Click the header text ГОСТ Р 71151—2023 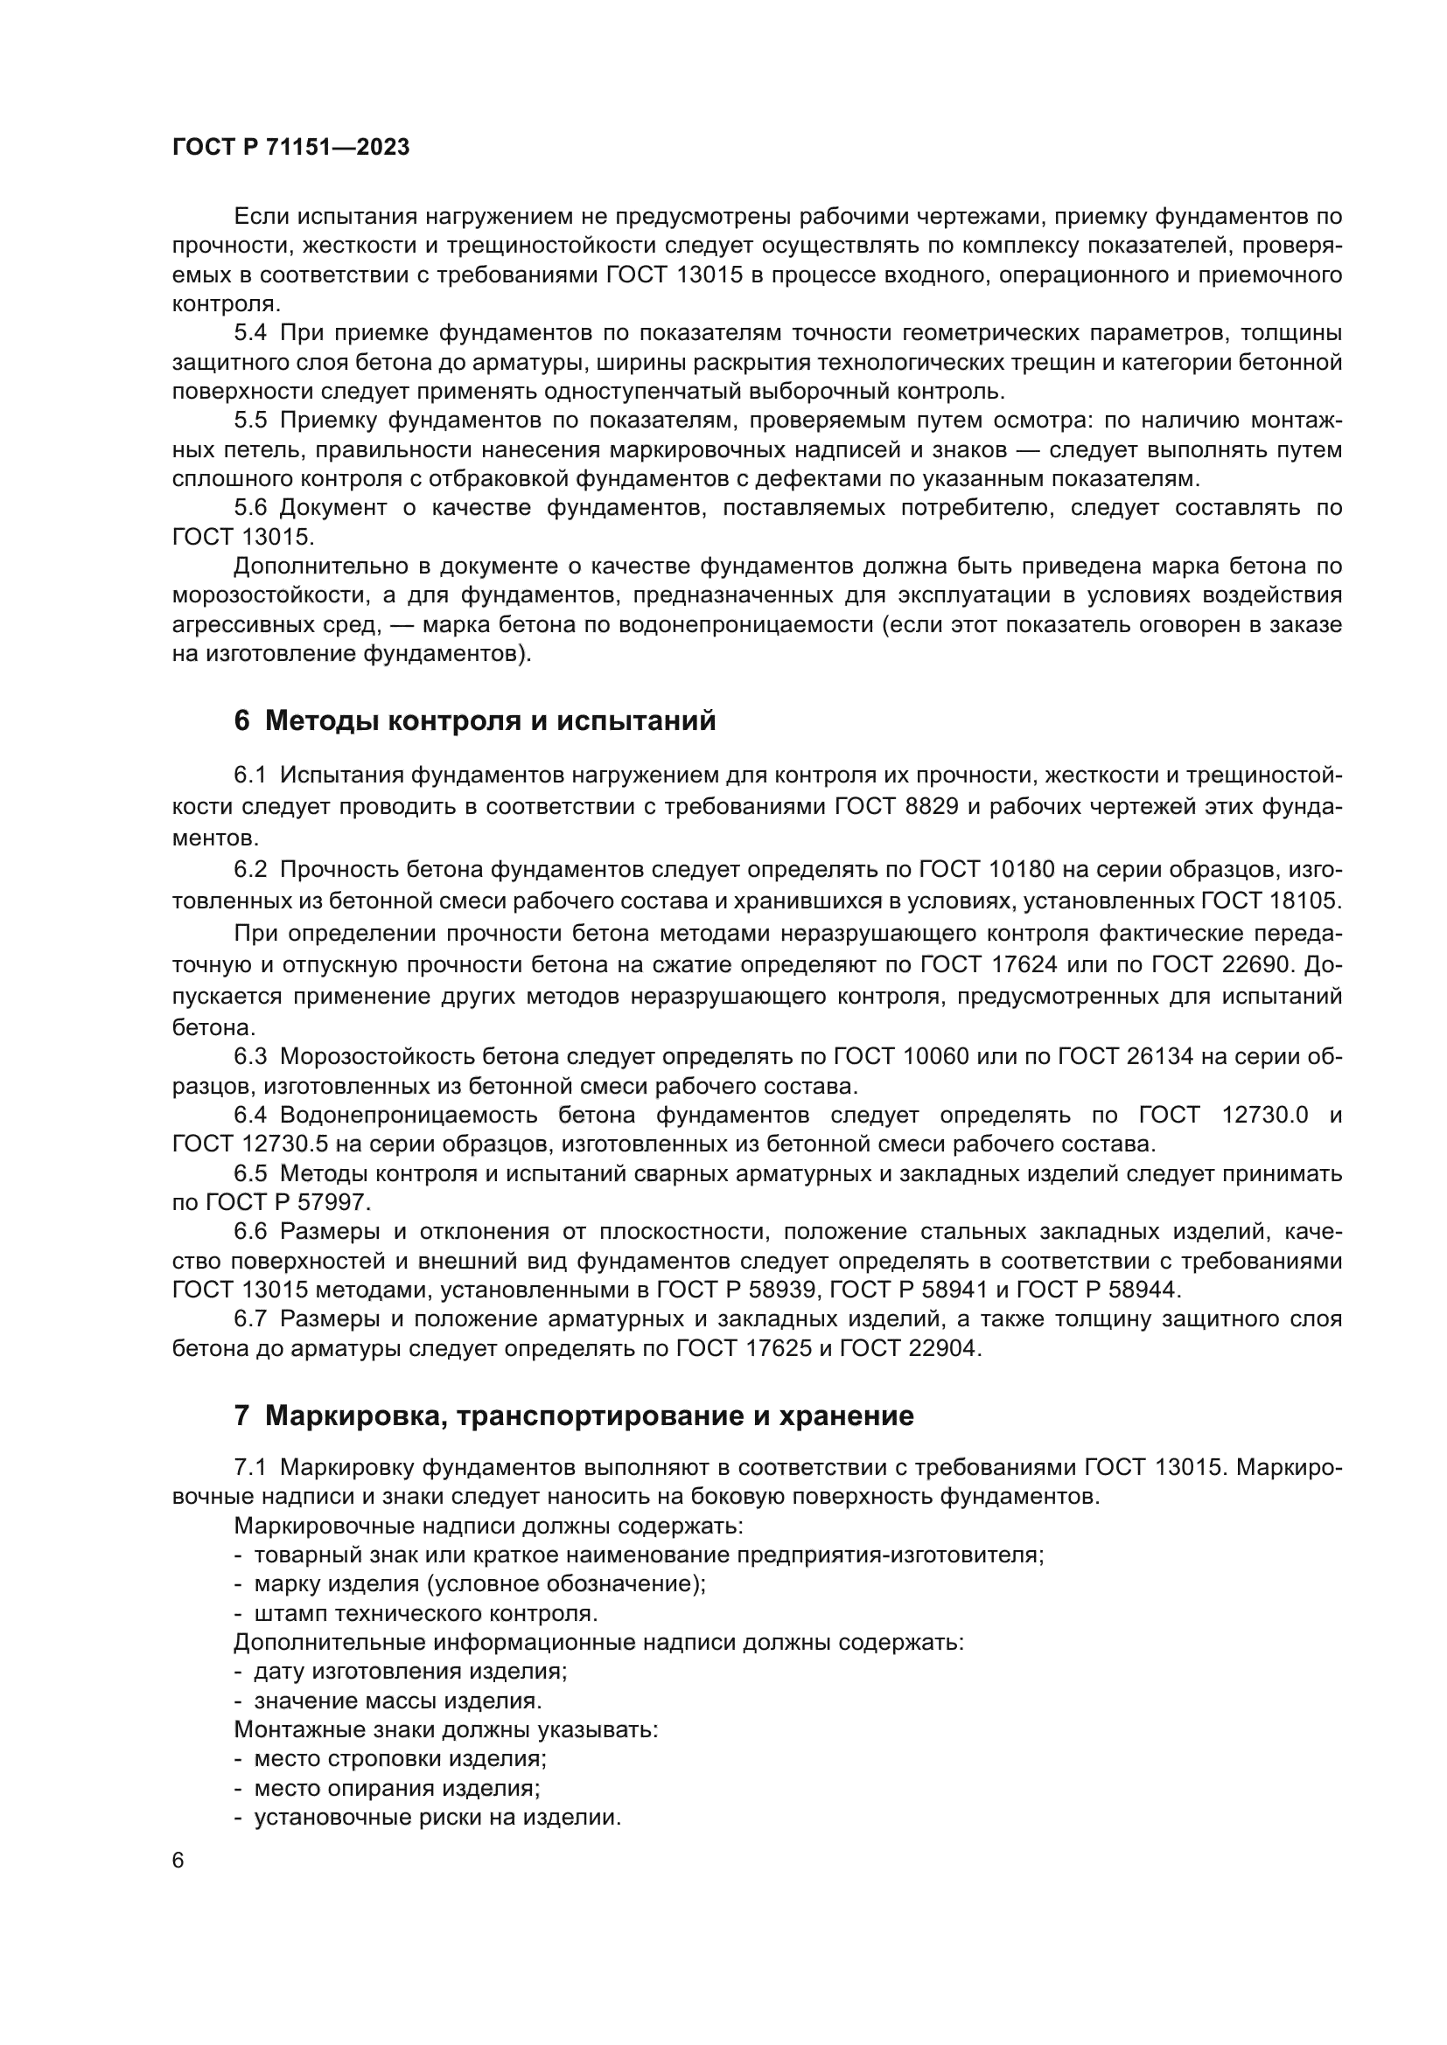click(290, 148)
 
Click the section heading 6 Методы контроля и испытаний click(475, 720)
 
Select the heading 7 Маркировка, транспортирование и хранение click(574, 1416)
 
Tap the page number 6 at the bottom click(178, 1861)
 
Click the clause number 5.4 click(250, 333)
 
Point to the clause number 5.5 click(250, 421)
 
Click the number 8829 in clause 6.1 click(926, 807)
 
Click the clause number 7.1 click(250, 1468)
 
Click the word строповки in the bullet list click(385, 1759)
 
